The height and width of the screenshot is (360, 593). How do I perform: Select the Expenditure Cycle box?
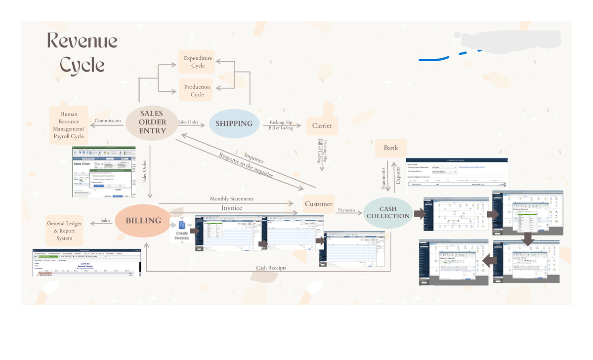(197, 62)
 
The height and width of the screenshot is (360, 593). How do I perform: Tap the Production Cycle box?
(197, 91)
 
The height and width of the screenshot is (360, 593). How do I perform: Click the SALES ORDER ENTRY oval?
(152, 122)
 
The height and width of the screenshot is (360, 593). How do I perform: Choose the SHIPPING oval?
(234, 123)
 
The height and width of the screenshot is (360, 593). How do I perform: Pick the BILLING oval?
(143, 221)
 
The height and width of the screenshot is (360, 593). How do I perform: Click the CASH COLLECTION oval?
(388, 213)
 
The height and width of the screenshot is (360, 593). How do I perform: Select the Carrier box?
(322, 125)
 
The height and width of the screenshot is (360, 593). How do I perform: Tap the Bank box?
(390, 148)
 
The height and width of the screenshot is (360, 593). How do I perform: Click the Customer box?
(318, 204)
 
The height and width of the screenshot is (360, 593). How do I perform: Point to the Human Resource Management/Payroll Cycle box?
(69, 125)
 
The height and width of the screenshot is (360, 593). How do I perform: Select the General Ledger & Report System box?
(64, 231)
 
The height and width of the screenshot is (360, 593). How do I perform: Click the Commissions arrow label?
(108, 121)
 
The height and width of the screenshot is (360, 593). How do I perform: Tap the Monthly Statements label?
(231, 199)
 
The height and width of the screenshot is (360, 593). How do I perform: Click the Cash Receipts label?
(271, 268)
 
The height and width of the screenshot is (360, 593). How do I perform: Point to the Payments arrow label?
(346, 210)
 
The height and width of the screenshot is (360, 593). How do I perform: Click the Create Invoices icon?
(182, 230)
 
